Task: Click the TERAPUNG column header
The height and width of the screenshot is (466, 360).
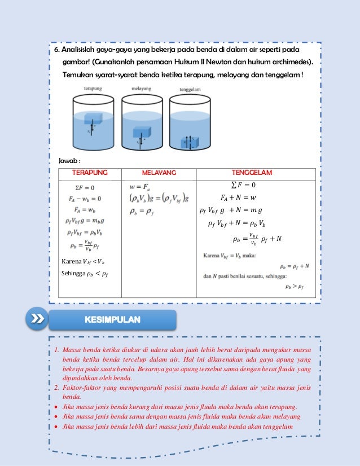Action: point(90,172)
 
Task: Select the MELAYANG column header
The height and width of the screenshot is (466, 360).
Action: point(159,172)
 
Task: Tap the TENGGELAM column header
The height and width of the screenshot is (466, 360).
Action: point(252,172)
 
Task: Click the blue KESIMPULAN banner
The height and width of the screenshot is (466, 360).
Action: point(113,320)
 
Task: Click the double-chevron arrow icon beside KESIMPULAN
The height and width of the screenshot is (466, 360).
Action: point(37,320)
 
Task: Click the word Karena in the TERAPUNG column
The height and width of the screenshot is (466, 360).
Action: point(71,261)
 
